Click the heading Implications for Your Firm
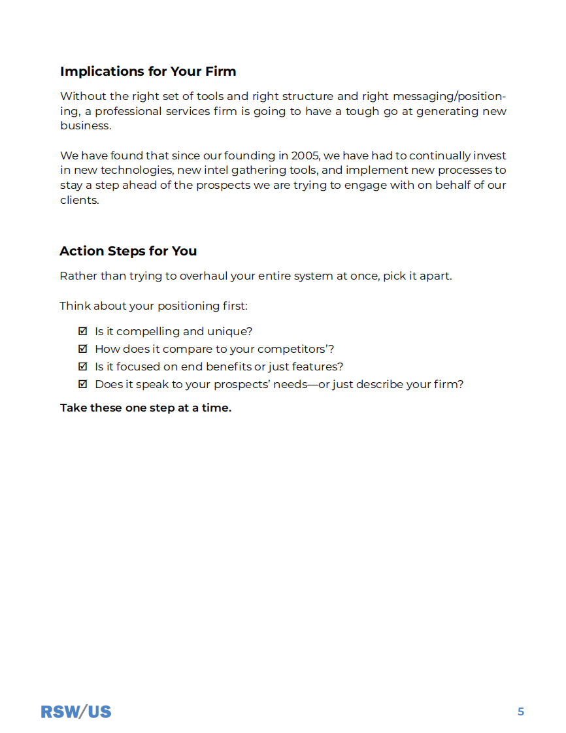[148, 71]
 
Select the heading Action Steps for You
[128, 251]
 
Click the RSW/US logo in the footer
[76, 711]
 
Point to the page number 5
[521, 711]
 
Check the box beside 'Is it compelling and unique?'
[83, 331]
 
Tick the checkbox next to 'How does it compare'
[83, 349]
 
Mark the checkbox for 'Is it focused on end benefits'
[83, 366]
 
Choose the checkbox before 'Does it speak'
[83, 384]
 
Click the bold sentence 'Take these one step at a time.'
[146, 408]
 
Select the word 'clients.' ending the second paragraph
[79, 201]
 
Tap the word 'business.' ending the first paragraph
[86, 126]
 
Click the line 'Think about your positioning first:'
[154, 306]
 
